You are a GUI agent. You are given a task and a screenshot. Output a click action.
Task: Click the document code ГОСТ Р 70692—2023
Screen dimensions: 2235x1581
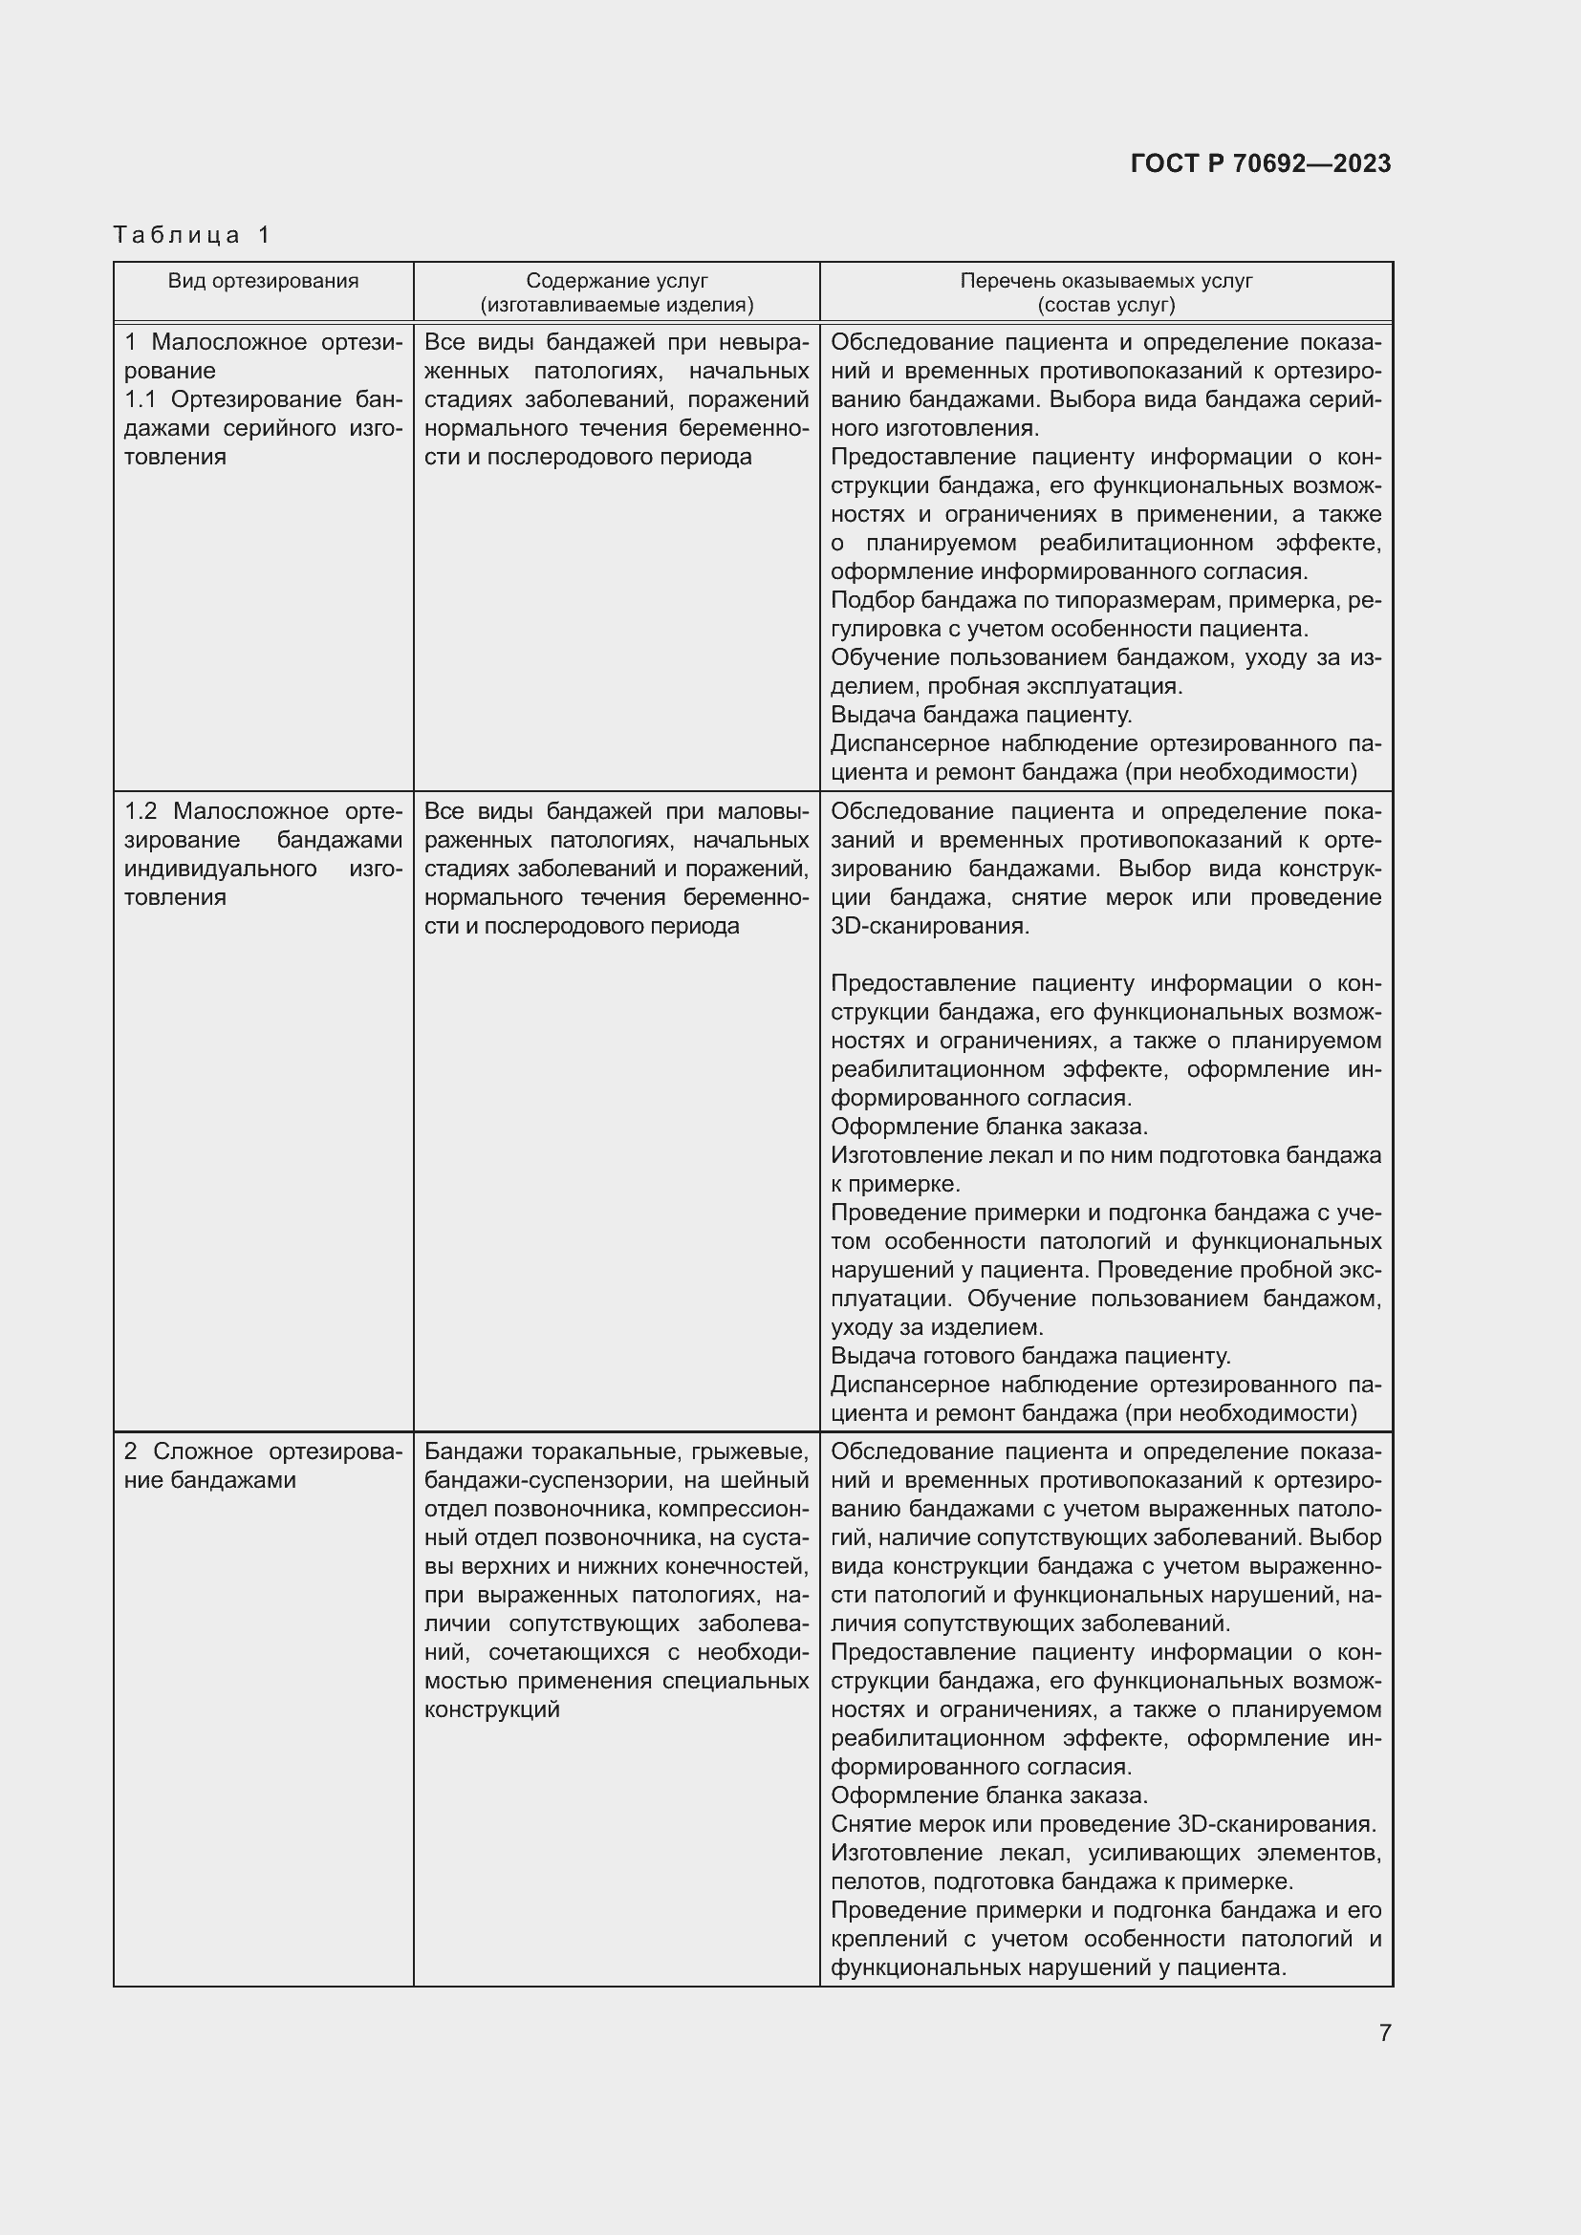coord(1261,163)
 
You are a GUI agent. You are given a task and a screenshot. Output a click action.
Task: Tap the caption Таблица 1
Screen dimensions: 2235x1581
coord(192,235)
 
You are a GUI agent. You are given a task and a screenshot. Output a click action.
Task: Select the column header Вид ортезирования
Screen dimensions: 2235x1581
coord(263,281)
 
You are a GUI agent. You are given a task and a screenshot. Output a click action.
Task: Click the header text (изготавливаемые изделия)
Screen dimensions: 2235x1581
coord(617,305)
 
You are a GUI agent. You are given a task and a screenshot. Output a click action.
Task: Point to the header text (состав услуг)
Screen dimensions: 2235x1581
coord(1106,305)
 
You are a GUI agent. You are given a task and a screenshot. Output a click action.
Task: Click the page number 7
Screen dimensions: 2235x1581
coord(1384,2032)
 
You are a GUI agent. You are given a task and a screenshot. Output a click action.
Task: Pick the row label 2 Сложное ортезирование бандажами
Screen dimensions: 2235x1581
coord(263,1466)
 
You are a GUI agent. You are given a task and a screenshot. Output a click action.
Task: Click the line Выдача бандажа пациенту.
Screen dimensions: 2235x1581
coord(982,716)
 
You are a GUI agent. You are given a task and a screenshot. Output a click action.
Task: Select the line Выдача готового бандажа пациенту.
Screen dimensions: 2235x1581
coord(1031,1356)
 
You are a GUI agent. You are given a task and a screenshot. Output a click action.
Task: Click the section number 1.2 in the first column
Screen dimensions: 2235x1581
coord(141,812)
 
